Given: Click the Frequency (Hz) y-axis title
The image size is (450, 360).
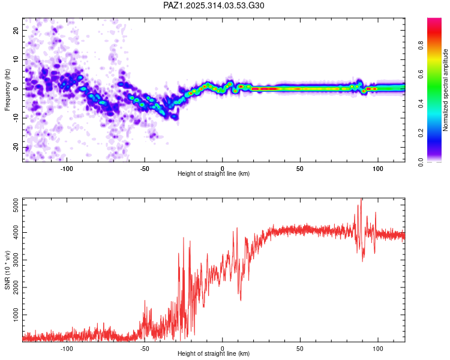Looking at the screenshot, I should coord(7,90).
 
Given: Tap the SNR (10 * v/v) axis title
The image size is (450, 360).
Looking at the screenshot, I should coord(7,270).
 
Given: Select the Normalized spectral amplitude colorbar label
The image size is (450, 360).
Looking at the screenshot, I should coord(446,91).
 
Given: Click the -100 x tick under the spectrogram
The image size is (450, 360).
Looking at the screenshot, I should coord(67,169).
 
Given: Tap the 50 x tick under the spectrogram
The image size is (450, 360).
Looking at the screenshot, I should coord(300,169).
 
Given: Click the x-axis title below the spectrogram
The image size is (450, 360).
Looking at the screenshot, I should coord(214,174).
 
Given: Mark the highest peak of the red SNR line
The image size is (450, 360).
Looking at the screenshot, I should coord(361,200).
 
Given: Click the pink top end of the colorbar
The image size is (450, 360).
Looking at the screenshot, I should coord(434,22).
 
